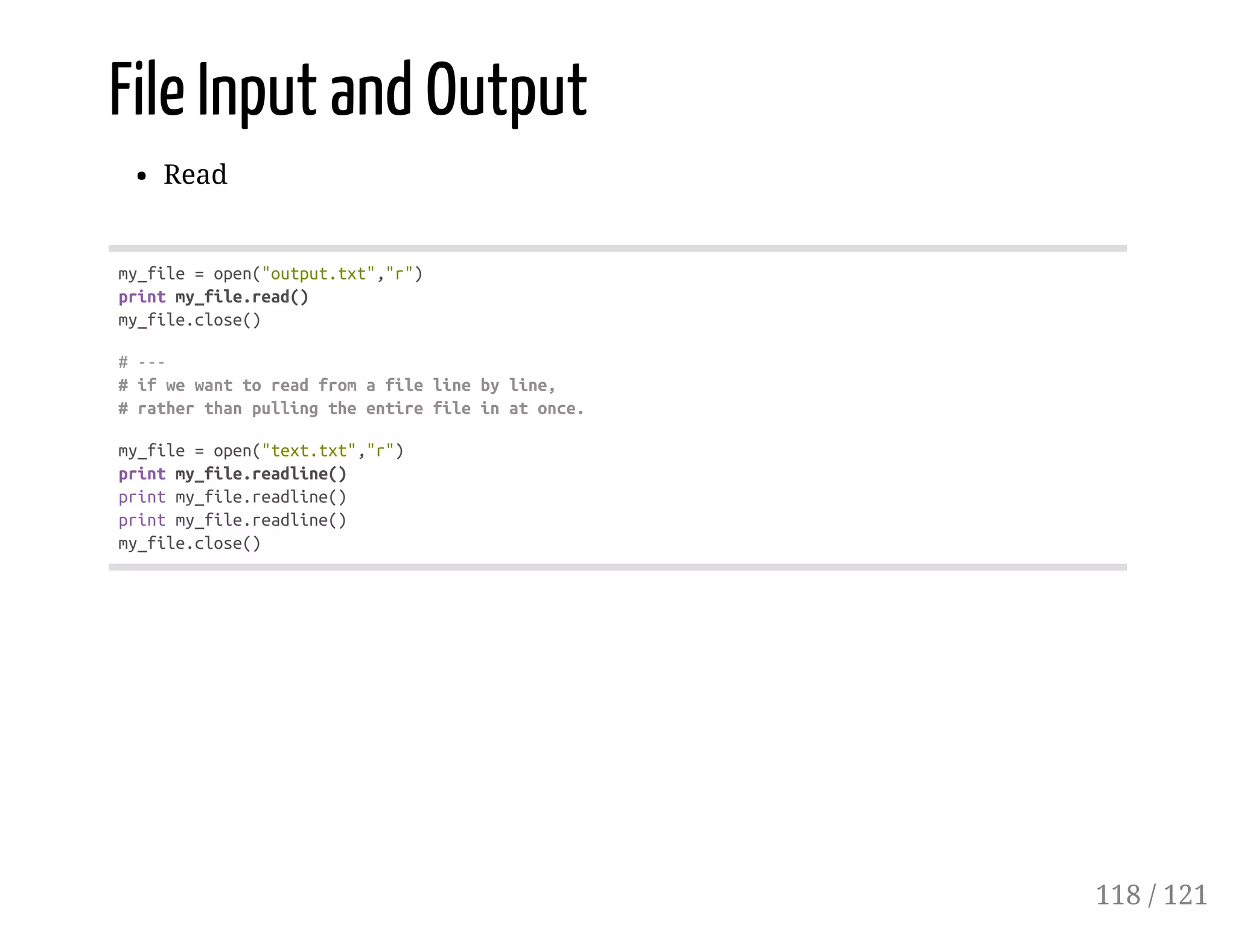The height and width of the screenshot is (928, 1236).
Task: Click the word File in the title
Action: click(x=147, y=91)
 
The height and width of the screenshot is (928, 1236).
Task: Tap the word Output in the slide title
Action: click(x=506, y=91)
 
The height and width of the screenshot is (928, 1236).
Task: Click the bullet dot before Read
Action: click(x=142, y=176)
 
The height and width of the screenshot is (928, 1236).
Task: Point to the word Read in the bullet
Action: click(x=196, y=175)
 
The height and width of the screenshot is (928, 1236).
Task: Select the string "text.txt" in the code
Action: click(x=308, y=451)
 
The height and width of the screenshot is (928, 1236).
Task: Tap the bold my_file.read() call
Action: click(x=242, y=297)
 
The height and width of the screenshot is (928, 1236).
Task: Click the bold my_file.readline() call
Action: click(x=261, y=474)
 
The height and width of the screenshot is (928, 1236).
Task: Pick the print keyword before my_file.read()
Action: click(x=142, y=297)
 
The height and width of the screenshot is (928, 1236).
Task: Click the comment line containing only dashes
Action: click(x=142, y=362)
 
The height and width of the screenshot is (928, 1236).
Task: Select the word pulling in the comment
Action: click(x=285, y=409)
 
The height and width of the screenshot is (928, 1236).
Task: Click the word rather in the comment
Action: click(x=165, y=409)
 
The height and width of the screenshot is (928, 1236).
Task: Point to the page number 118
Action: click(x=1118, y=895)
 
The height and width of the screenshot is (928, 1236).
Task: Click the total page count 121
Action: click(x=1185, y=895)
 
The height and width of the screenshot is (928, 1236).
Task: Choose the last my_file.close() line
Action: click(x=190, y=543)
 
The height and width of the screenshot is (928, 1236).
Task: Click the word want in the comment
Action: click(x=213, y=385)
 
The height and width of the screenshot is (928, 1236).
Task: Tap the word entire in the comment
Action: click(x=394, y=409)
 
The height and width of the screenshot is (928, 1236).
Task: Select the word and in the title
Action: click(x=371, y=91)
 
